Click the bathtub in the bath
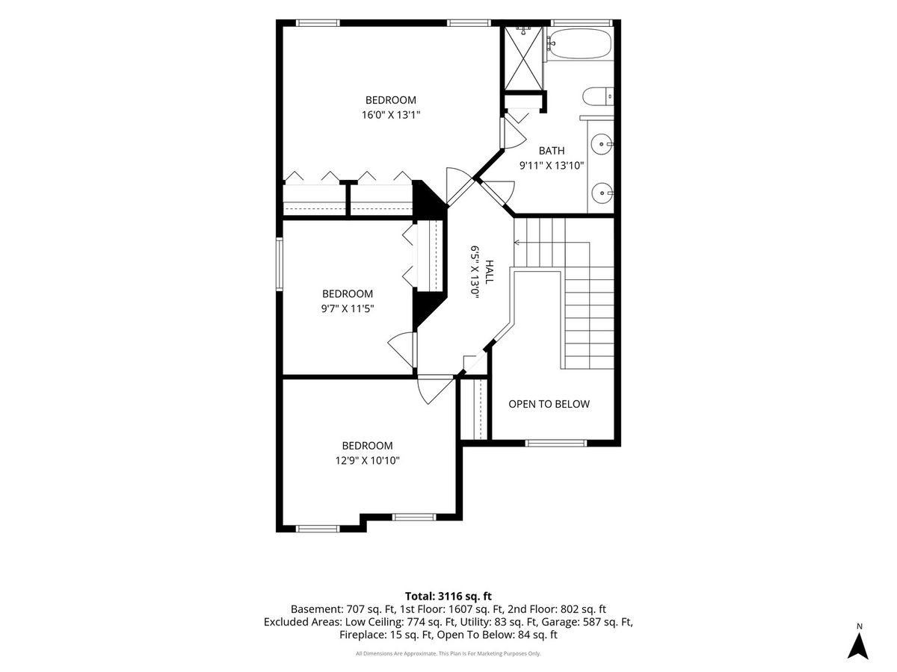coord(579,43)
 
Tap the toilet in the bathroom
coord(598,97)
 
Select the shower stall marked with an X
coord(523,58)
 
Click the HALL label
coord(489,272)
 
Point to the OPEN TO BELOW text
coord(549,404)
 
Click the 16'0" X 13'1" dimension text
coord(391,115)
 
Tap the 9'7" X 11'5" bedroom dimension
coord(348,308)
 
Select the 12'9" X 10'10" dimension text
coord(367,461)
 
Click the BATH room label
coord(551,151)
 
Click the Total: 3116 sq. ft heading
coord(449,596)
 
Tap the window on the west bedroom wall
coord(280,264)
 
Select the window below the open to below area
coord(556,443)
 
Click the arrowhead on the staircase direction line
coord(516,243)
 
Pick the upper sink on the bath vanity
coord(602,144)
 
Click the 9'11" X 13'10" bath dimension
coord(551,166)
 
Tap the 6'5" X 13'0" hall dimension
coord(475,272)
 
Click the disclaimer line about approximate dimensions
coord(448,653)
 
